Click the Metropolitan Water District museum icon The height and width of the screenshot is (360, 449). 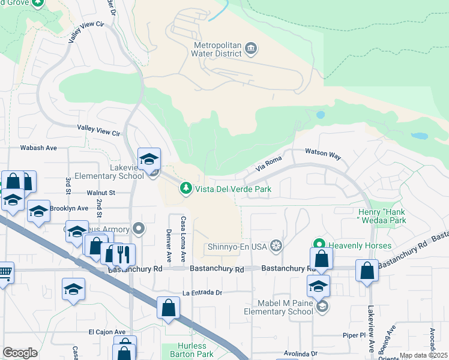[x=251, y=47]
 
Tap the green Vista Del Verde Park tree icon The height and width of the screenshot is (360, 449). [x=187, y=189]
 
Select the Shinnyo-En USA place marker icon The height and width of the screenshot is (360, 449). [x=276, y=245]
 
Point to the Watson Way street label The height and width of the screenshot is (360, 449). [x=323, y=155]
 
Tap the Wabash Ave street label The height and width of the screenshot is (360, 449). [x=38, y=148]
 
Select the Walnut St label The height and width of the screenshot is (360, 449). [x=100, y=193]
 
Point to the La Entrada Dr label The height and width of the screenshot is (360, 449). [x=196, y=293]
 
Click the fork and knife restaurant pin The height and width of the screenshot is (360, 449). [x=124, y=254]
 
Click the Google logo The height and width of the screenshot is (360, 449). [x=20, y=353]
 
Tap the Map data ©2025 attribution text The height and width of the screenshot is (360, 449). [x=423, y=356]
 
